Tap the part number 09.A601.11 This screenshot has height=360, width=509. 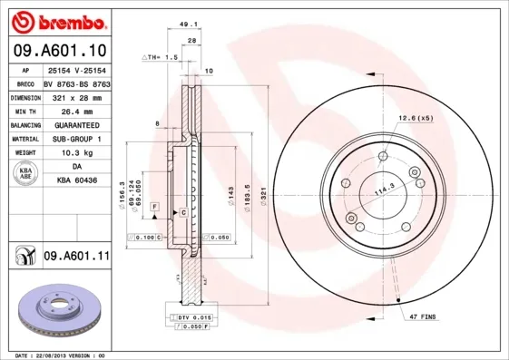76,258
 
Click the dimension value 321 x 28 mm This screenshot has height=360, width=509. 75,95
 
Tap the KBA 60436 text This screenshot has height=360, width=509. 77,181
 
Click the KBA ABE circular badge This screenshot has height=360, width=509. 24,174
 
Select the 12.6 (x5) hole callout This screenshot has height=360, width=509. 416,117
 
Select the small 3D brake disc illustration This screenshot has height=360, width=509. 54,304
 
